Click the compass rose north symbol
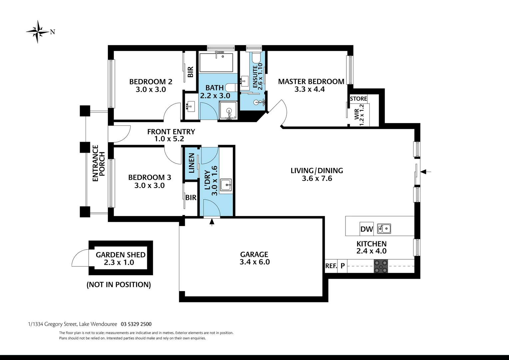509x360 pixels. (x=38, y=32)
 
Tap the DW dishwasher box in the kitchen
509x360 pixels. (x=366, y=229)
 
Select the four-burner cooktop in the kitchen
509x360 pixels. (x=381, y=266)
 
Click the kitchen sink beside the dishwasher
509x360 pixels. (x=384, y=229)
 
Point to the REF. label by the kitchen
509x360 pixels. (x=331, y=266)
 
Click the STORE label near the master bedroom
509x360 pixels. (x=358, y=99)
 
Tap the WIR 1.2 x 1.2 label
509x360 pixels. (x=359, y=114)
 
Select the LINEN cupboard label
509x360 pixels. (x=192, y=163)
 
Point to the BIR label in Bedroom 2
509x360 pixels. (x=190, y=72)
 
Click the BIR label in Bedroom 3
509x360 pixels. (x=191, y=198)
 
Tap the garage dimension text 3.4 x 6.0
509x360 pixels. (x=254, y=262)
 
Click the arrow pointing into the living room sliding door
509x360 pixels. (x=426, y=172)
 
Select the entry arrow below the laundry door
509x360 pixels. (x=212, y=222)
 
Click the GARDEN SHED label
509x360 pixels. (x=121, y=255)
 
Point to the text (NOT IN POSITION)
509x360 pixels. (x=119, y=285)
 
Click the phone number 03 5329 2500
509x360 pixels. (x=136, y=324)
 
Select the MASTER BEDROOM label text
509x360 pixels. (x=311, y=81)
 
